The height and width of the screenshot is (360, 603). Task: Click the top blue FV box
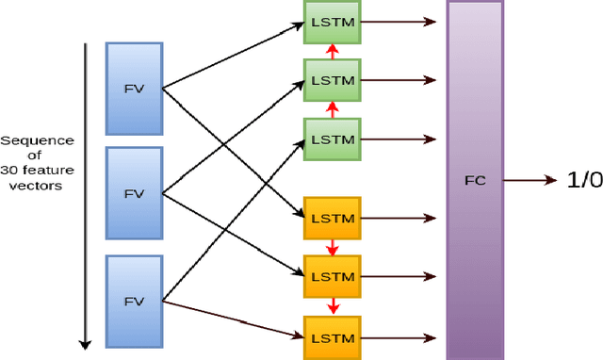pos(135,88)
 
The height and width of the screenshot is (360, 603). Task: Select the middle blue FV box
pos(135,193)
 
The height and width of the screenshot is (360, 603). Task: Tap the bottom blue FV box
pos(135,301)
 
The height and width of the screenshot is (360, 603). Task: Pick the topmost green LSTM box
pos(331,21)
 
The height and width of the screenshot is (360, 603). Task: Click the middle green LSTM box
pos(331,79)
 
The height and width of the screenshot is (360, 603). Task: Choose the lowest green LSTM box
pos(331,139)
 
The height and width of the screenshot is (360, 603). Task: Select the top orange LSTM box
pos(331,218)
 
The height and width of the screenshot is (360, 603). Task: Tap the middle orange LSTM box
pos(331,277)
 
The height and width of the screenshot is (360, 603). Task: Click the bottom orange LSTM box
pos(331,336)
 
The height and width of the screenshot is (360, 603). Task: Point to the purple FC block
pos(475,179)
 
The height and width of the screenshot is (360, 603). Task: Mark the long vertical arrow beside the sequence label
pos(86,193)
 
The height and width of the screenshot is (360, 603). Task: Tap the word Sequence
pos(37,140)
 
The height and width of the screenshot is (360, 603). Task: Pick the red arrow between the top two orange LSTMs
pos(331,247)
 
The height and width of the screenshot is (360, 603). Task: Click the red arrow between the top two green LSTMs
pos(331,50)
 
